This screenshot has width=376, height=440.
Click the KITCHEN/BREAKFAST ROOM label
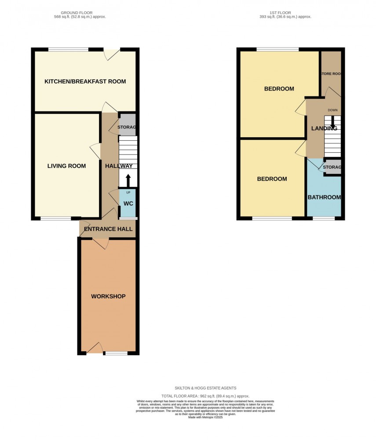point(85,81)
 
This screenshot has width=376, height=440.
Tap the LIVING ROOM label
point(66,166)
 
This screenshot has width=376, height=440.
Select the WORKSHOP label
point(108,296)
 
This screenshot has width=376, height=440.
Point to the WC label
point(128,204)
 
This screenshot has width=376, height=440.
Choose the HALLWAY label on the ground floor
point(118,166)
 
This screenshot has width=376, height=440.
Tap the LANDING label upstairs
point(324,128)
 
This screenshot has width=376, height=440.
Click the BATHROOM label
point(324,197)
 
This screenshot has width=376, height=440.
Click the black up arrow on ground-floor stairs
point(128,180)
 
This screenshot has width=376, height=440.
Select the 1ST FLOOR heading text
point(285,13)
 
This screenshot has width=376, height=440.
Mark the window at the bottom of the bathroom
point(324,218)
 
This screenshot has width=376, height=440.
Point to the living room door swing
point(95,150)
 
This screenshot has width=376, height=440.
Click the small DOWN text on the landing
point(332,110)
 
